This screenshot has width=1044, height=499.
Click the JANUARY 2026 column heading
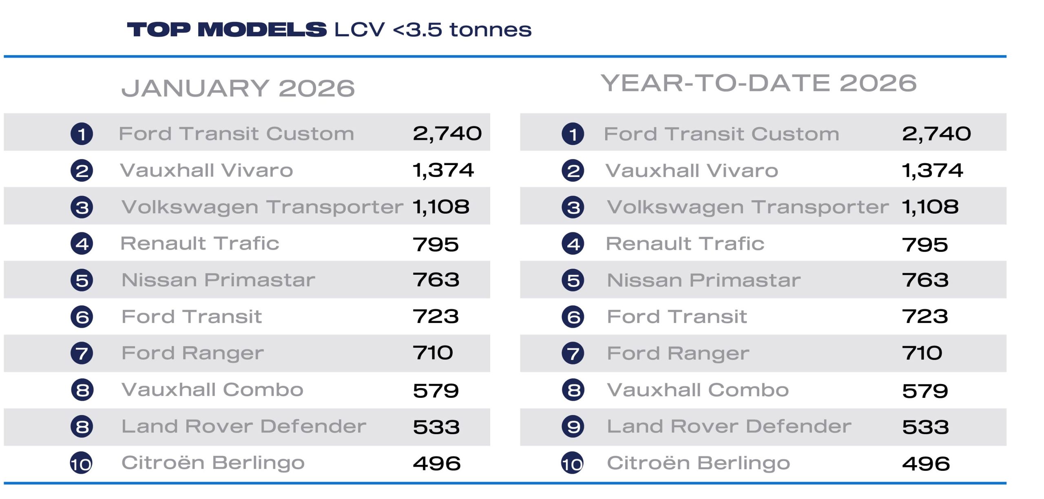[238, 88]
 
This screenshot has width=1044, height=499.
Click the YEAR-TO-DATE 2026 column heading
[759, 84]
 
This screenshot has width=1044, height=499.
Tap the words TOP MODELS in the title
[227, 30]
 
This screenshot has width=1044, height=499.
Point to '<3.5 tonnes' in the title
[462, 30]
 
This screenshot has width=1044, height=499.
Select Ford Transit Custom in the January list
[237, 134]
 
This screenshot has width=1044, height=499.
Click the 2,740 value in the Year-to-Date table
[936, 134]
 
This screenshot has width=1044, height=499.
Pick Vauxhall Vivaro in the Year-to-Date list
[692, 170]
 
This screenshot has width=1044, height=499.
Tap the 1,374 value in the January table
[443, 170]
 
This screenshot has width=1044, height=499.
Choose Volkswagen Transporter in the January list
[263, 207]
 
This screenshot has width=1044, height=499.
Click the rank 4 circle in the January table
[82, 244]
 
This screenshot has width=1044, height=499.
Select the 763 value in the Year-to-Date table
[925, 280]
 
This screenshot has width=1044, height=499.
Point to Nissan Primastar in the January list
[219, 280]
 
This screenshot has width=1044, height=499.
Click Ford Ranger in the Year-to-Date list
[678, 353]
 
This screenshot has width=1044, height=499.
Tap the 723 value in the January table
[436, 317]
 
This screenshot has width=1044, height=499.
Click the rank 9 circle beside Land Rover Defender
[573, 427]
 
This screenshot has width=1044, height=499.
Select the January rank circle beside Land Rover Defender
[82, 427]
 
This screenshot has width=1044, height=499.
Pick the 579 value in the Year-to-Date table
[925, 391]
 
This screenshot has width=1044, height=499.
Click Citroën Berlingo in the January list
[213, 463]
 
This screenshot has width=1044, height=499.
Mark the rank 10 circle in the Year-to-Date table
[573, 464]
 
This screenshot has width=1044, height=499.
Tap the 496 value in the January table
[436, 464]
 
